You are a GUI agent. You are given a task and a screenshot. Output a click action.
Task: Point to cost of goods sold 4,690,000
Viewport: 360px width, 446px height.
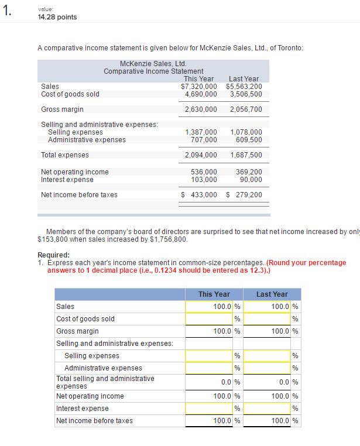click(x=200, y=94)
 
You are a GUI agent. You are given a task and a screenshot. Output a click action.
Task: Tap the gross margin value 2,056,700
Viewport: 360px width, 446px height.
click(x=246, y=109)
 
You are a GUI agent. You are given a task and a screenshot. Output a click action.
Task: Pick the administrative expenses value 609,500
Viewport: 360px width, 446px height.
click(x=248, y=140)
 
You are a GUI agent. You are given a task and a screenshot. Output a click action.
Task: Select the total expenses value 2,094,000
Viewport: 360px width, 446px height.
click(x=200, y=155)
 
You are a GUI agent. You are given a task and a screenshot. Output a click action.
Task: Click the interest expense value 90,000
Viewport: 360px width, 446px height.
click(x=251, y=180)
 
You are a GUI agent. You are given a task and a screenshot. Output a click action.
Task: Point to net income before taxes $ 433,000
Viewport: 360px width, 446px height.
click(x=198, y=195)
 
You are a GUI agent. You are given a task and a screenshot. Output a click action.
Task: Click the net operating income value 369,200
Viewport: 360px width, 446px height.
click(x=248, y=172)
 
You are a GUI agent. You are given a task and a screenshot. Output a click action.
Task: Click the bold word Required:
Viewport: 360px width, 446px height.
click(x=53, y=255)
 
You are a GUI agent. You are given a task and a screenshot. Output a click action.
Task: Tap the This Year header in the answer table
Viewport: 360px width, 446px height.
click(x=214, y=294)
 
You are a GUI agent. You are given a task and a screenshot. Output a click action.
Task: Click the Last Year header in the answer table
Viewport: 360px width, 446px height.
click(x=272, y=294)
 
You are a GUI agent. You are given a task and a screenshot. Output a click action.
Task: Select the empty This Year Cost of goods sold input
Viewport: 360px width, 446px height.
click(x=208, y=319)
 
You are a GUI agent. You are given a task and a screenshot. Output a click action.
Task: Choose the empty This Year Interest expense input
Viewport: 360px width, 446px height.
click(x=208, y=409)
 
